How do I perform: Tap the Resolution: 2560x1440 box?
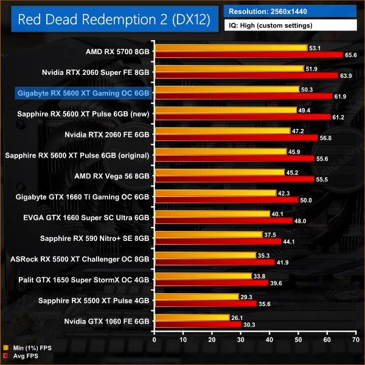(291, 11)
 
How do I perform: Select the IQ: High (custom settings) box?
(291, 26)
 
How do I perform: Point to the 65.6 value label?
(352, 55)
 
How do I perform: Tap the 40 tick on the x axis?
(269, 340)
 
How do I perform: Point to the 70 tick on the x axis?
(356, 340)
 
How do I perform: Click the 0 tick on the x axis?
(155, 340)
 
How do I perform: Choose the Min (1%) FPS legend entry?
(27, 349)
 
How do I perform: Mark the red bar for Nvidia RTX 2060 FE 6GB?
(236, 137)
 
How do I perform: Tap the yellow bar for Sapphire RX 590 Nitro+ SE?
(209, 234)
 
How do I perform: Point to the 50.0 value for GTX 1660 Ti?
(306, 200)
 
